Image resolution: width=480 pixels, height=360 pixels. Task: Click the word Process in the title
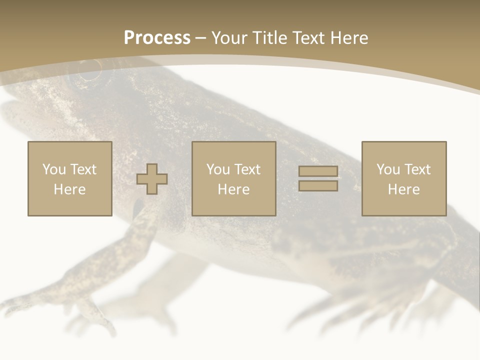pyautogui.click(x=157, y=38)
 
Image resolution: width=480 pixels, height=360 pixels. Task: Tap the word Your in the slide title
pyautogui.click(x=228, y=38)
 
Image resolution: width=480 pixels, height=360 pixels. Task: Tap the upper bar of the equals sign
pyautogui.click(x=318, y=171)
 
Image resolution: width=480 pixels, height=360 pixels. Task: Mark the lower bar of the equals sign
pyautogui.click(x=318, y=186)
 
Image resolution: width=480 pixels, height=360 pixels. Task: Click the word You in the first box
pyautogui.click(x=54, y=169)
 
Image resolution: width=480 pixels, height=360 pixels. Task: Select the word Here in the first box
pyautogui.click(x=70, y=189)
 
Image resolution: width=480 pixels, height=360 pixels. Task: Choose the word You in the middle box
pyautogui.click(x=218, y=169)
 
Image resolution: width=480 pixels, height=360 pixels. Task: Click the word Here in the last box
pyautogui.click(x=404, y=189)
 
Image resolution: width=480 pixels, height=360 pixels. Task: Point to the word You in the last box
pyautogui.click(x=388, y=169)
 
